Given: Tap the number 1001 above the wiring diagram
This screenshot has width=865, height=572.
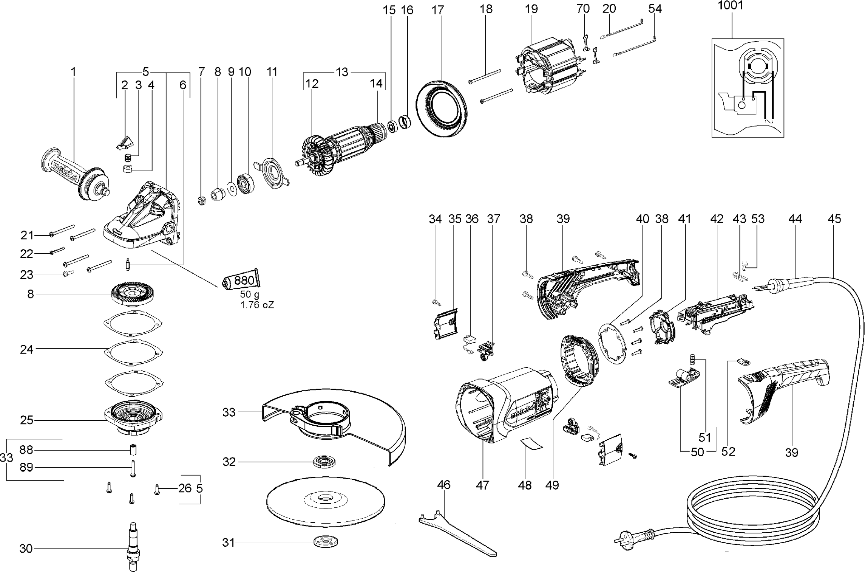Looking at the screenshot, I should (730, 6).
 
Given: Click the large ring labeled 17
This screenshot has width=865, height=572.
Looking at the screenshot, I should (441, 109).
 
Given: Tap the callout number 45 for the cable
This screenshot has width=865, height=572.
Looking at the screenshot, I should (834, 219).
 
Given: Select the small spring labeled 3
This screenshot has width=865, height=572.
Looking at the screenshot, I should (128, 157).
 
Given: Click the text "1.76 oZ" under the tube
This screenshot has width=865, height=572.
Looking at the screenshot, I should (257, 305).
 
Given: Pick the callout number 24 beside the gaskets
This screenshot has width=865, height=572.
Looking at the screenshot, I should (27, 349).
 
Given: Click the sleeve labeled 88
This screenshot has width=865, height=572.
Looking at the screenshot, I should (133, 450).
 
